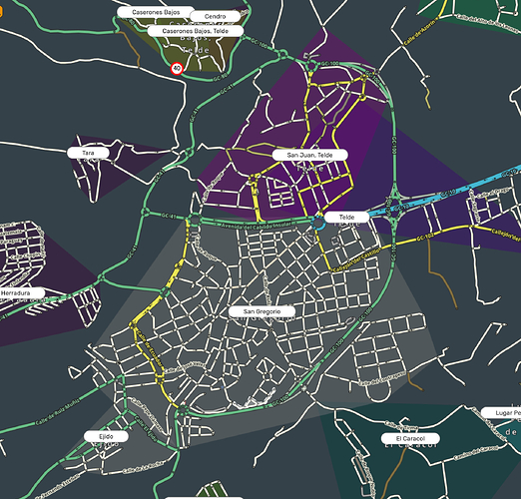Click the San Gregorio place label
[x=262, y=311]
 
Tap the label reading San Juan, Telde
[x=309, y=156]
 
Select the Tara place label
[x=88, y=153]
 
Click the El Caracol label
[x=410, y=438]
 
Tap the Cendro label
[x=215, y=17]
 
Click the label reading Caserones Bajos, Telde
[x=195, y=31]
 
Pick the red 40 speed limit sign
[x=177, y=69]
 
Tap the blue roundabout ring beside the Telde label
[x=319, y=223]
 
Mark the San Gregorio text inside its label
[x=262, y=311]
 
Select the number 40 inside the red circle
[x=177, y=69]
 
